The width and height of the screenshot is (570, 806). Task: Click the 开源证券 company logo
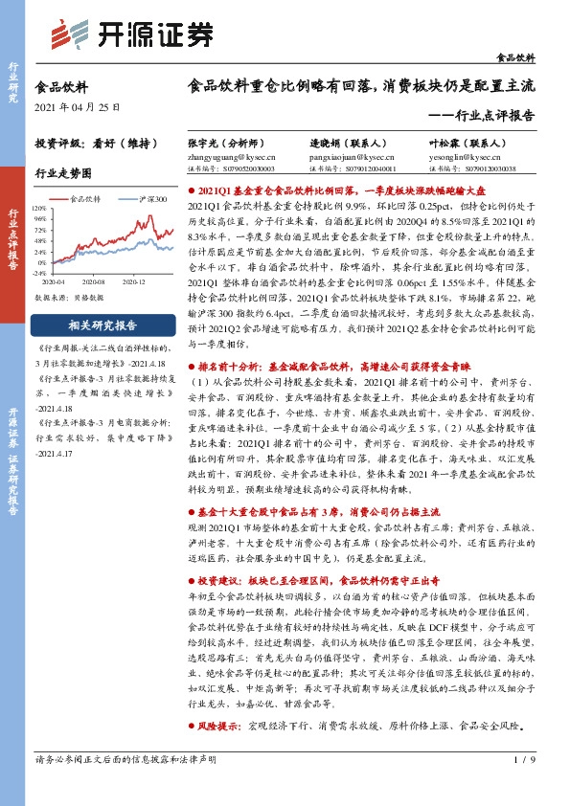coord(131,34)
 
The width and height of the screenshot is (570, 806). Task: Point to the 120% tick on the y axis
coord(41,208)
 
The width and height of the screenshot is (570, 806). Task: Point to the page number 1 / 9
coord(523,787)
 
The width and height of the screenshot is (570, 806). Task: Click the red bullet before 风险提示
coord(190,752)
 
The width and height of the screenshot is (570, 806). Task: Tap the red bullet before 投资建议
coord(190,581)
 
